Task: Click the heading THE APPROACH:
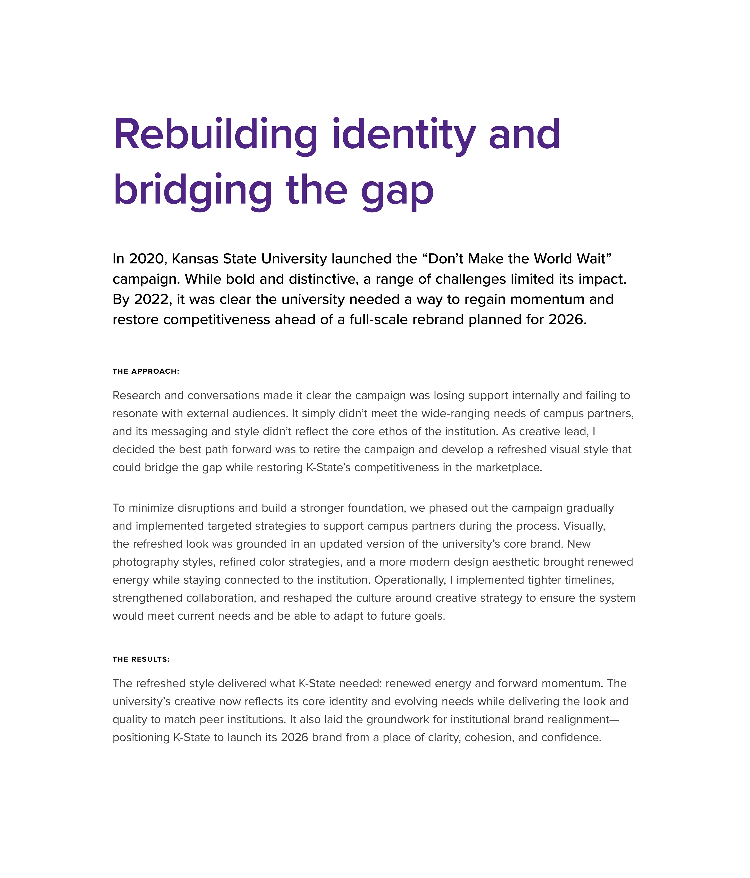tap(146, 371)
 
